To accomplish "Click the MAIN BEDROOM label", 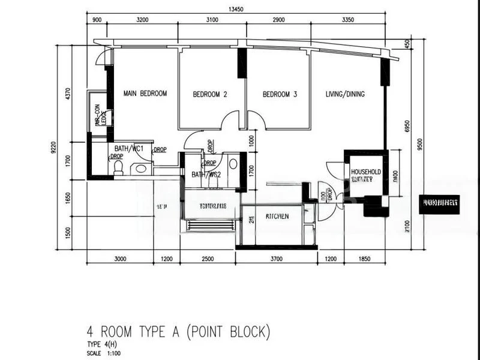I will click(x=145, y=94).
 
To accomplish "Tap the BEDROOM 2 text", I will click(x=209, y=94).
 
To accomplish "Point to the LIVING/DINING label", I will click(x=345, y=94).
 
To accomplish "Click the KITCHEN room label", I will click(x=278, y=216).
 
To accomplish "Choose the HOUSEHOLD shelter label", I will click(x=366, y=172).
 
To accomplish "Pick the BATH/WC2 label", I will click(x=206, y=175).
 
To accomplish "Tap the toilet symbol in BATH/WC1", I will click(x=118, y=166).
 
